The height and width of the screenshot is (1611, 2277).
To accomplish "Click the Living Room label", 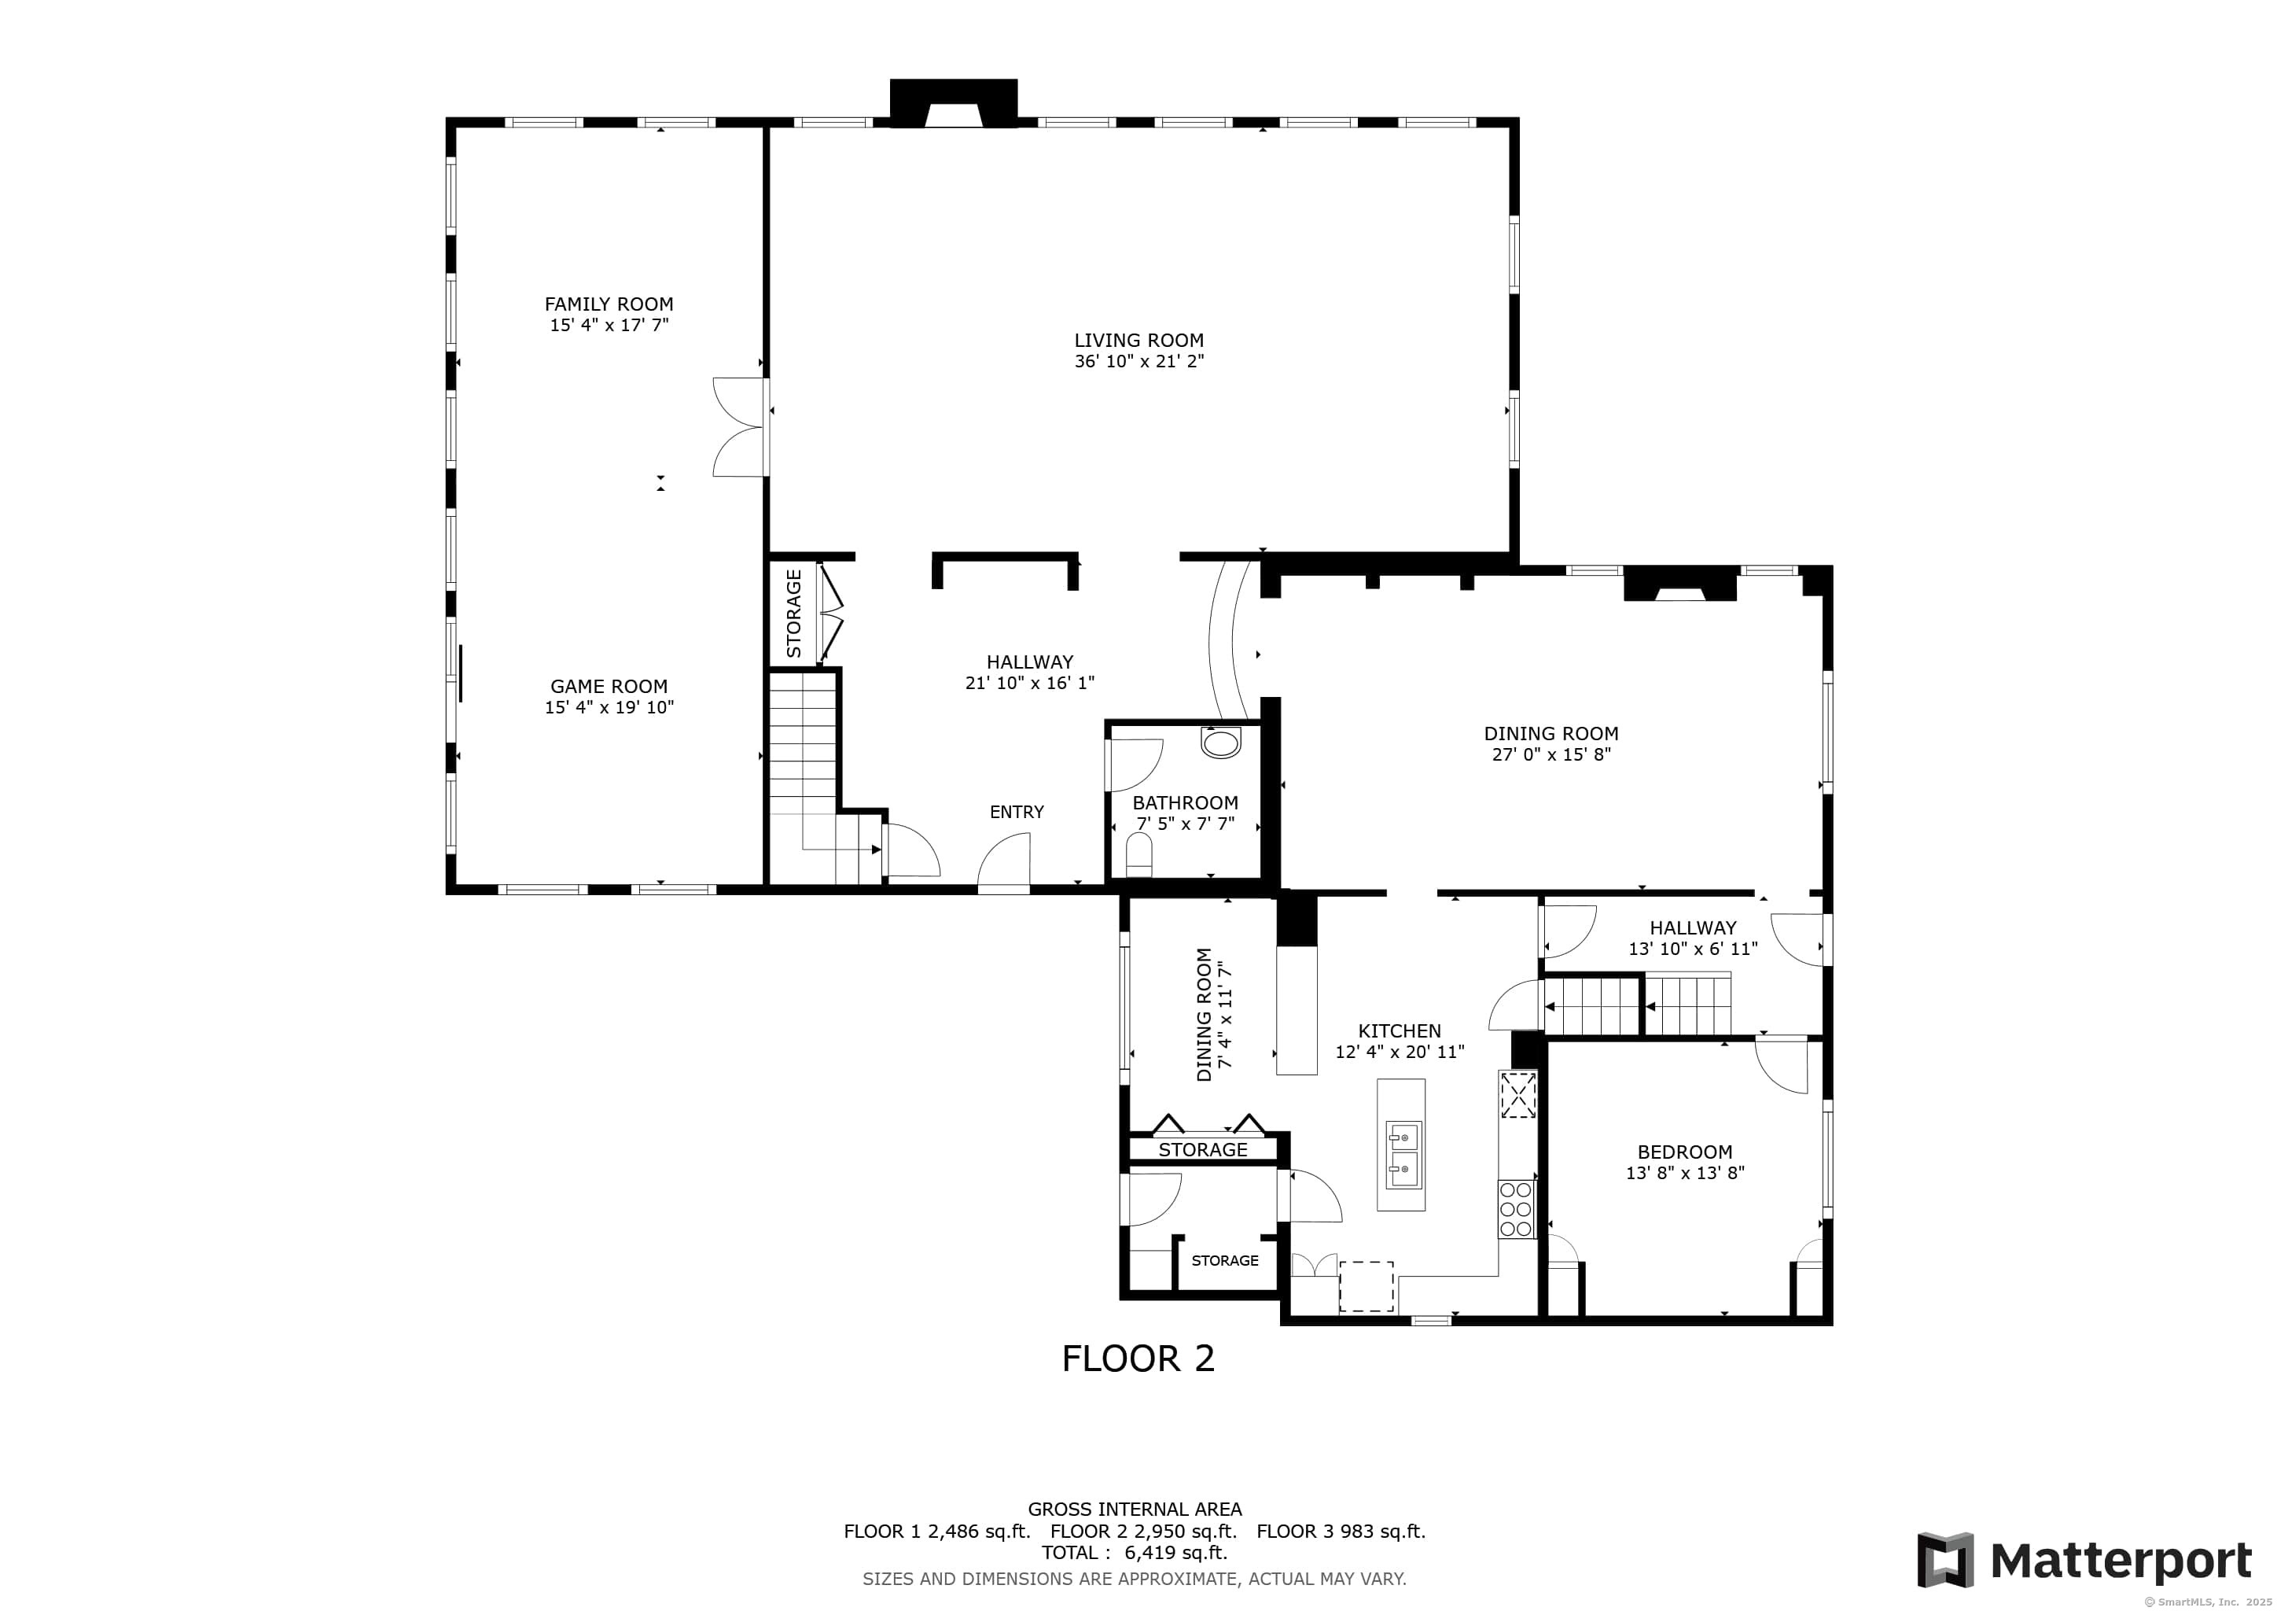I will click(x=1138, y=341).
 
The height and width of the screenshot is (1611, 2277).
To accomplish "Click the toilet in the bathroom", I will click(x=1139, y=855).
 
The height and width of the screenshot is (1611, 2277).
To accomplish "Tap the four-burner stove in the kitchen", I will click(x=1515, y=1209).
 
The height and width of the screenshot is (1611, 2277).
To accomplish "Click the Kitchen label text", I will click(x=1400, y=1030).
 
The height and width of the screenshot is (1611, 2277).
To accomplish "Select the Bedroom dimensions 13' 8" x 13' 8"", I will click(x=1684, y=1173).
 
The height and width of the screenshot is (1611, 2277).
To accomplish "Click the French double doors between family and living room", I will click(x=741, y=426).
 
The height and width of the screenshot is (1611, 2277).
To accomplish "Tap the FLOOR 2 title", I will click(x=1138, y=1358).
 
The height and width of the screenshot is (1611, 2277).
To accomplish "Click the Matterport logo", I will click(x=2084, y=1561).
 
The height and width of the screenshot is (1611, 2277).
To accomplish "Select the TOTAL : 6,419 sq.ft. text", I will click(x=1134, y=1553).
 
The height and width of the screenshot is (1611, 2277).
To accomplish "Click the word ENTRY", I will click(x=1017, y=812).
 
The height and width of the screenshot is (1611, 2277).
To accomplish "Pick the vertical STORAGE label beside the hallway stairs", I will click(x=793, y=613).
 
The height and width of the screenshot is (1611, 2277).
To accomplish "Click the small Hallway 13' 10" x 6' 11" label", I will click(x=1692, y=938).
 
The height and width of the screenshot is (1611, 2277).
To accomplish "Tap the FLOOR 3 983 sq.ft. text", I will click(x=1340, y=1531).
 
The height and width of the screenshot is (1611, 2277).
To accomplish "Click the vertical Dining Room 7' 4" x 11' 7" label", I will click(x=1214, y=1014).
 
